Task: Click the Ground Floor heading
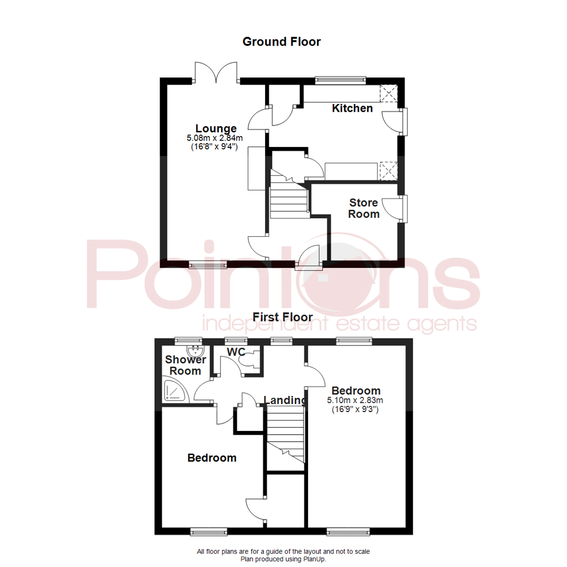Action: (281, 41)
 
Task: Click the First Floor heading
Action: (282, 317)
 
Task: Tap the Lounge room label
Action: (216, 128)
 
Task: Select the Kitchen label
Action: (352, 109)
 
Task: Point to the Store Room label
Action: (364, 208)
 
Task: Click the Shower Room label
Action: (183, 365)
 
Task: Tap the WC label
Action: (236, 352)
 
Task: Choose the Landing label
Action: (285, 400)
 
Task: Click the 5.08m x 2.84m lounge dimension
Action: (216, 138)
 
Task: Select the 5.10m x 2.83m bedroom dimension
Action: (355, 401)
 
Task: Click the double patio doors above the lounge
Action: (216, 72)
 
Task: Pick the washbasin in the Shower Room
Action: (194, 350)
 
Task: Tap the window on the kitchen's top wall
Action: (340, 80)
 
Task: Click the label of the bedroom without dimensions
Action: (212, 458)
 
